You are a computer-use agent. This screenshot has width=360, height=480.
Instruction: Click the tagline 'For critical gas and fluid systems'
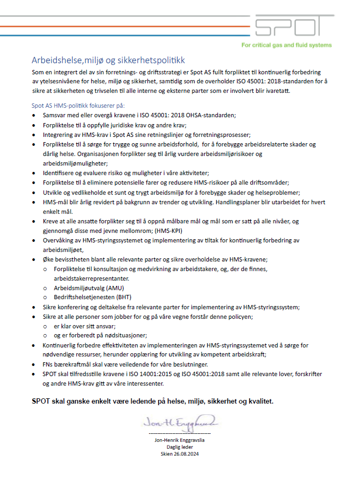pyautogui.click(x=286, y=45)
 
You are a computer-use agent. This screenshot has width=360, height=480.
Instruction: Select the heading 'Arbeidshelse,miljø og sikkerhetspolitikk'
pyautogui.click(x=108, y=60)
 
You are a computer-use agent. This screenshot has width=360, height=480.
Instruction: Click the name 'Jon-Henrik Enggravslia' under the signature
pyautogui.click(x=180, y=440)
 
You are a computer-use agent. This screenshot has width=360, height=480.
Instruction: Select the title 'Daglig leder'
pyautogui.click(x=180, y=447)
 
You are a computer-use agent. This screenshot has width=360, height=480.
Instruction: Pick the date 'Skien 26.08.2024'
pyautogui.click(x=180, y=454)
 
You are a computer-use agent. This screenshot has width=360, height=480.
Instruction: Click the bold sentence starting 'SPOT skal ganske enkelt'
pyautogui.click(x=153, y=400)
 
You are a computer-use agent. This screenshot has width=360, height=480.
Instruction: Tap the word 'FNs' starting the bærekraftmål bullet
pyautogui.click(x=48, y=364)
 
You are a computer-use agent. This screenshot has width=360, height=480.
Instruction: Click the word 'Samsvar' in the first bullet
pyautogui.click(x=54, y=115)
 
